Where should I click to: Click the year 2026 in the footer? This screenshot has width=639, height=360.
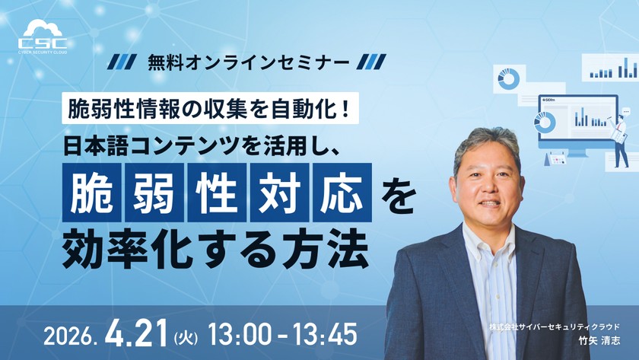(x=71, y=335)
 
